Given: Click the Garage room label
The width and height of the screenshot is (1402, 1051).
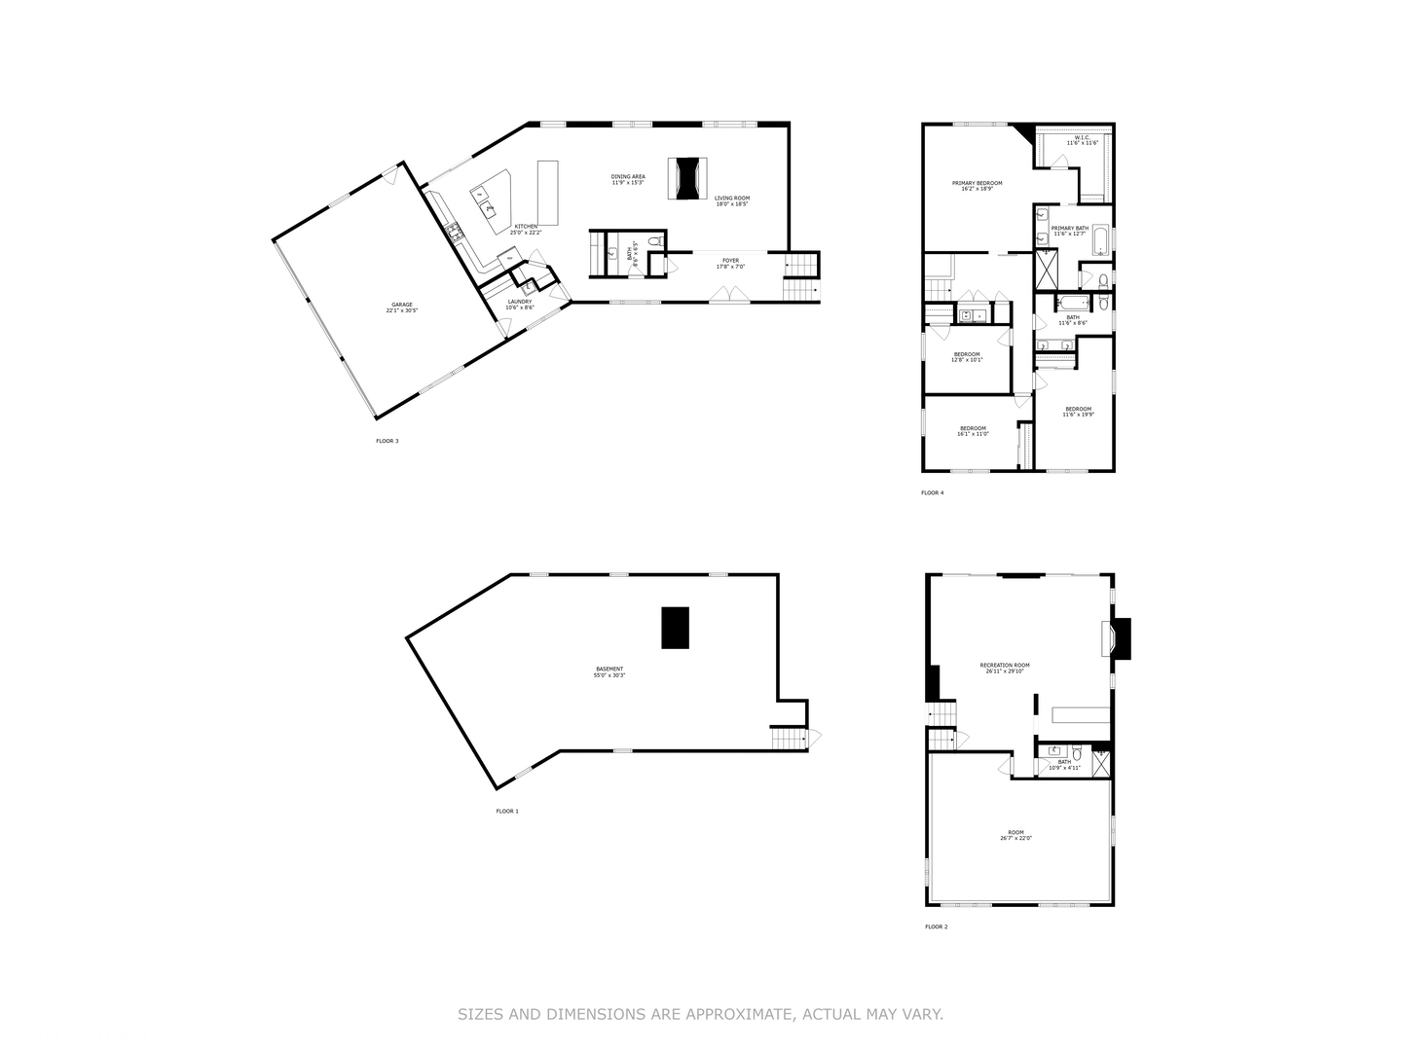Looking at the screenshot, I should coord(402,307).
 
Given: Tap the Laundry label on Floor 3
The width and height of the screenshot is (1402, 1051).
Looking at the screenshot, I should coord(519,304).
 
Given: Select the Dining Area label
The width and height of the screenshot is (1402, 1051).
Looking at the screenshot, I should coord(628,179).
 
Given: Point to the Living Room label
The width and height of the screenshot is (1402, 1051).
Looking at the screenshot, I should coord(732,200).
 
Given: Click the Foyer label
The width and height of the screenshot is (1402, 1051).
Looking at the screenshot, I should coord(730,263).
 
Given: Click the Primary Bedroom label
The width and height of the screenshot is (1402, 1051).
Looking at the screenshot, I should coord(977,185).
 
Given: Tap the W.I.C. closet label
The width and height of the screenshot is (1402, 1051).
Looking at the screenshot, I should coord(1082,140).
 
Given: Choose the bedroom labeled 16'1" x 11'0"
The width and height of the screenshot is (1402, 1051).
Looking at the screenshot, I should coord(973,431).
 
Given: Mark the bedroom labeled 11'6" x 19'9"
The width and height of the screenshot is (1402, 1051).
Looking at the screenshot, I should coord(1078,411).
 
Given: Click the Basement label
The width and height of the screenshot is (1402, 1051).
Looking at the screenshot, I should coord(609,671).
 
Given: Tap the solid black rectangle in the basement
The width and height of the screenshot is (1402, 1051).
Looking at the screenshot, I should coord(676,628).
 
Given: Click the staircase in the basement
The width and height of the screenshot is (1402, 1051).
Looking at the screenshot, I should coord(790,739).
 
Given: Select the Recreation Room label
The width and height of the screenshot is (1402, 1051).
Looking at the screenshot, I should coord(1004,668).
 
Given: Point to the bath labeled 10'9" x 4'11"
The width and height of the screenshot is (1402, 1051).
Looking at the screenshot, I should coord(1064,764).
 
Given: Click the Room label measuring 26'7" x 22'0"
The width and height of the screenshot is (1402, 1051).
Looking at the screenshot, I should coord(1015,835).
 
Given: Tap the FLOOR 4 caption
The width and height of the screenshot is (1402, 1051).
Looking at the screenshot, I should coord(932,493).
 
